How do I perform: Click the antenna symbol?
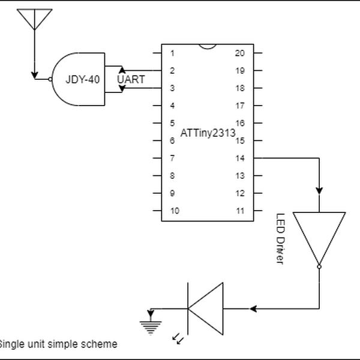point(35,19)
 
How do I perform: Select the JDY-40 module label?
point(82,79)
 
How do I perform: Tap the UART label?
point(131,79)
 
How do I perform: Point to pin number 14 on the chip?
point(240,158)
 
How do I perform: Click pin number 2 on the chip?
point(173,71)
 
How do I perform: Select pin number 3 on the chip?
point(173,88)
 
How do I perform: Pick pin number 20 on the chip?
point(240,53)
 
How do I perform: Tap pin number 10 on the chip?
point(175,211)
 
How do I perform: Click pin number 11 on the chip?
point(240,211)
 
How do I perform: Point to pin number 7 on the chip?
point(173,158)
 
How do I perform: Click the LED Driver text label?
point(280,239)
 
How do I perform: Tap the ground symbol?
point(151,323)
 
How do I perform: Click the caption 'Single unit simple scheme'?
point(58,344)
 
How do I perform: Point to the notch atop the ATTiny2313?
point(208,46)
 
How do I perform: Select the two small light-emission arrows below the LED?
point(178,340)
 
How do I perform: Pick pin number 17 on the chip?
point(240,106)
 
